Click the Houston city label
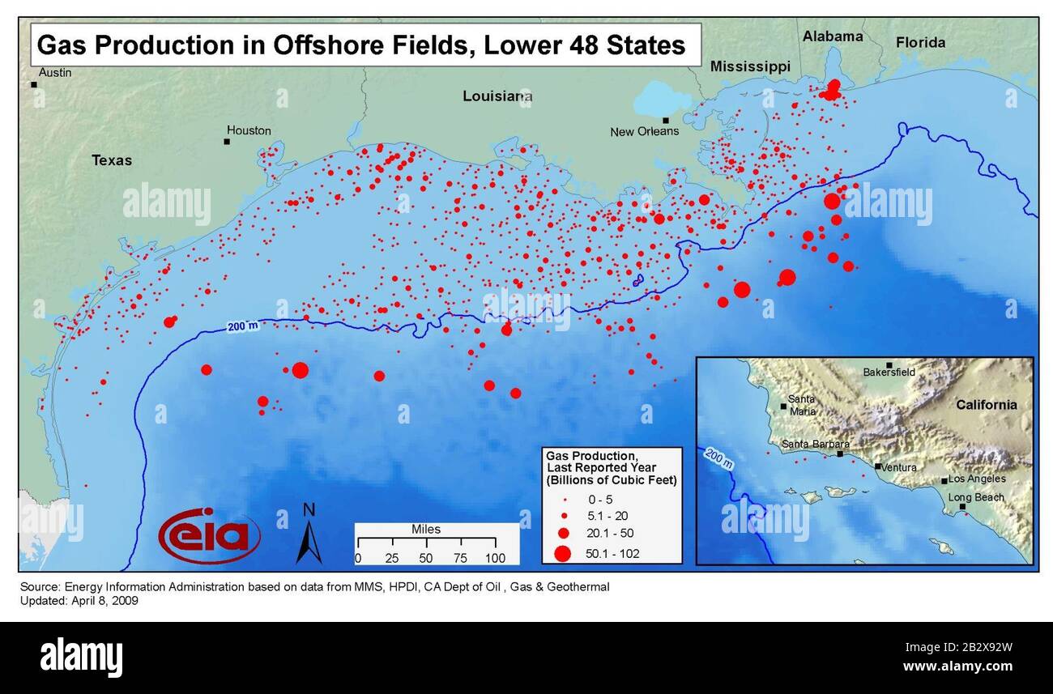[249, 130]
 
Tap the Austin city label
[55, 73]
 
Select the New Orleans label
[645, 131]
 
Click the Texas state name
[112, 160]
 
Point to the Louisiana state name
[497, 96]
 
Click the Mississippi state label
[750, 67]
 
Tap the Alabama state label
[832, 36]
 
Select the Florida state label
[920, 43]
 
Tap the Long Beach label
[976, 497]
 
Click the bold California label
[985, 405]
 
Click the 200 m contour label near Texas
[242, 326]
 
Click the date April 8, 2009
[104, 602]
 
